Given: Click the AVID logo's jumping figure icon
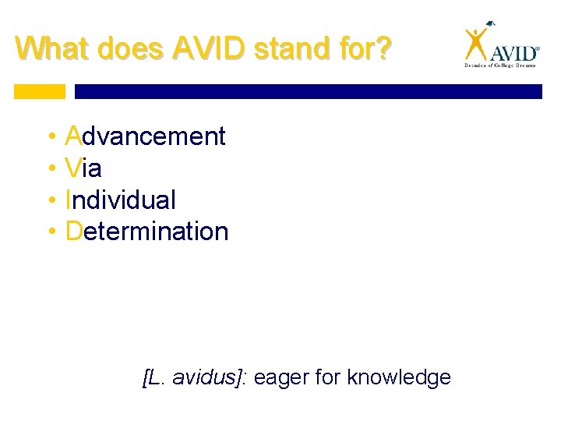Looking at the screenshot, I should tap(475, 44).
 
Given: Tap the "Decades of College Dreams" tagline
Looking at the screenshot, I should tap(501, 67).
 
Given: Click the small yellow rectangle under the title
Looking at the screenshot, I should tap(40, 91).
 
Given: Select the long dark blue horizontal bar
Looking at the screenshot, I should tap(308, 91).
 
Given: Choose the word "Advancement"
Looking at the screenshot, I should tap(146, 136).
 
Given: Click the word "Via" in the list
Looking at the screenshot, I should tap(84, 168).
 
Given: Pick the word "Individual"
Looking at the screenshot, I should tap(122, 200).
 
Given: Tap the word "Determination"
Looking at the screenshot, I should tap(147, 232).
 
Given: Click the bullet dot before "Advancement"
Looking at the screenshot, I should tap(51, 137).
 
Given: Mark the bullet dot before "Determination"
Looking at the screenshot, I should tap(51, 232).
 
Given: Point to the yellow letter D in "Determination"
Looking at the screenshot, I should tap(75, 232).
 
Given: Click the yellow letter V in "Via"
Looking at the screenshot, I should tap(74, 168).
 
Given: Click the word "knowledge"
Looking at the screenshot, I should tap(399, 378).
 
